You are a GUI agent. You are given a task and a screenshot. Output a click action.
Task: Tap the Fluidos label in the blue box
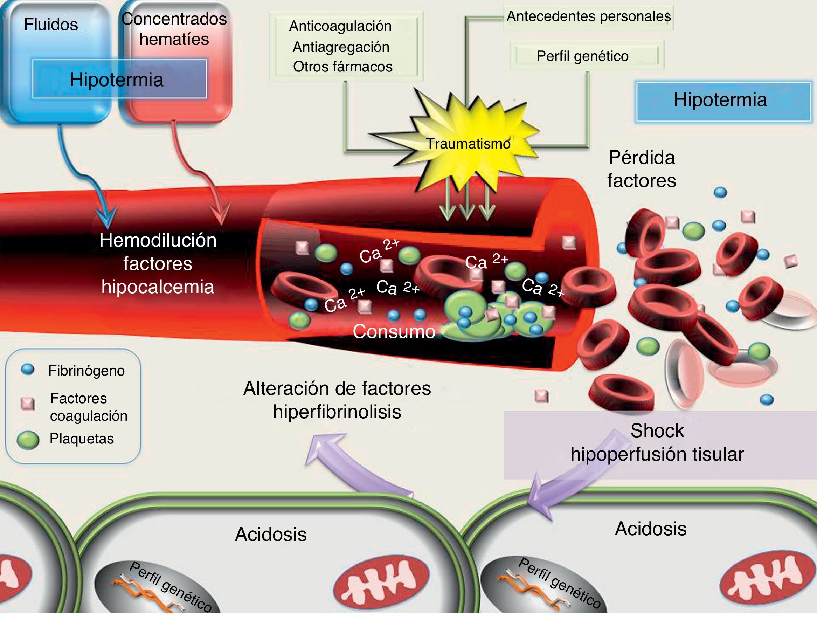[51, 25]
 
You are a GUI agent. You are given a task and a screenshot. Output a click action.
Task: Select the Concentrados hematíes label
[174, 29]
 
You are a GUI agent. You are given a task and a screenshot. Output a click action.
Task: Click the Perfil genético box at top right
[586, 56]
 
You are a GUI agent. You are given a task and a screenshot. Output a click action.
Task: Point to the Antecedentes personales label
[589, 16]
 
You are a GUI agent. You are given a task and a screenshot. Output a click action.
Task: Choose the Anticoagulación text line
[340, 26]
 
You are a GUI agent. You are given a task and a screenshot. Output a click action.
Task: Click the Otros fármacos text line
[342, 67]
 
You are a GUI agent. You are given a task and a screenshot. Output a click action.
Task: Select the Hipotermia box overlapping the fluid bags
[119, 79]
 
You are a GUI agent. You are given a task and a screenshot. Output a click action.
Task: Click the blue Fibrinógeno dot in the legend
[28, 369]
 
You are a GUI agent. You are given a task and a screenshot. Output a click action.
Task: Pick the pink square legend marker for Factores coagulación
[28, 404]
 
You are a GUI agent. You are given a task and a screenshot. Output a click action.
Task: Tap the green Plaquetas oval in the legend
[28, 440]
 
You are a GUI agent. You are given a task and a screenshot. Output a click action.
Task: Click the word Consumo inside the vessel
[394, 331]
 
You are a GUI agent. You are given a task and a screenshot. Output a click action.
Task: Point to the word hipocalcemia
[158, 287]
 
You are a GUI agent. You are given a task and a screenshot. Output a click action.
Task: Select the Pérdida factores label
[642, 169]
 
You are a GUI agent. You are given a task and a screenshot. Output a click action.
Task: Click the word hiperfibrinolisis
[337, 412]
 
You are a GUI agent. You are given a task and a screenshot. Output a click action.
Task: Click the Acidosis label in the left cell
[271, 534]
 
